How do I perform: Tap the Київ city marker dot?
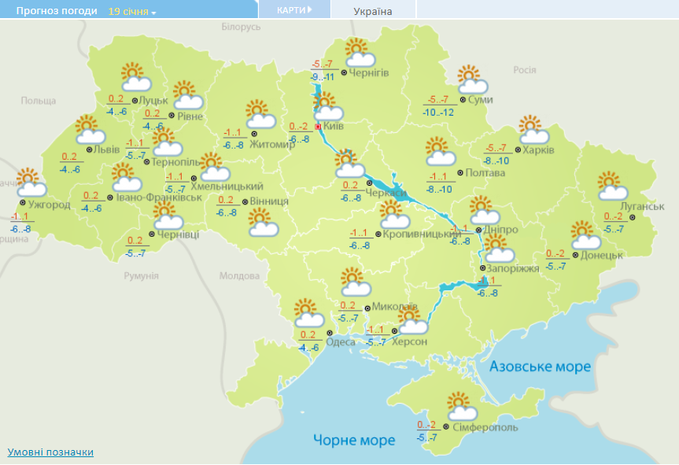click(318, 126)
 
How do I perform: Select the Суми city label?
click(481, 100)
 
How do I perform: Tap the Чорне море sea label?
click(354, 440)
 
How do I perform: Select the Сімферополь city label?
click(485, 427)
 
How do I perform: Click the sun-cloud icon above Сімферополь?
click(462, 407)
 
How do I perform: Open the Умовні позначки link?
click(50, 452)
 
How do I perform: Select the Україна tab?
click(373, 11)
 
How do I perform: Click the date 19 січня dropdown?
click(132, 12)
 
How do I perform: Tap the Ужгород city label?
click(50, 205)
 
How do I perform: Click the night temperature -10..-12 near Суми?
click(437, 113)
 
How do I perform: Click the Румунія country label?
click(142, 276)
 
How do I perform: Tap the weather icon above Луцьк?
click(135, 77)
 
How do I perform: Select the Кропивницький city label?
click(422, 234)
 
